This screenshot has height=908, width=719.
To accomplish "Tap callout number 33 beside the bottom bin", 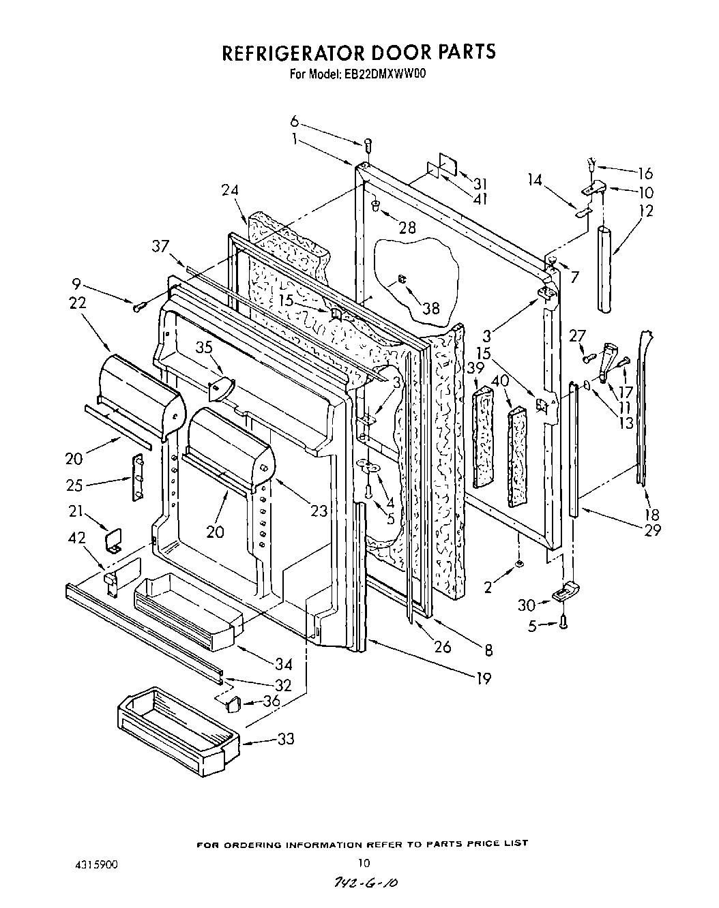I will (286, 738).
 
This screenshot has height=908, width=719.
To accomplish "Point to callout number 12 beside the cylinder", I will (645, 211).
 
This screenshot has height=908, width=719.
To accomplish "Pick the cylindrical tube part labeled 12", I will (604, 269).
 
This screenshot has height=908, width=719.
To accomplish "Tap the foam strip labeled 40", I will (518, 457).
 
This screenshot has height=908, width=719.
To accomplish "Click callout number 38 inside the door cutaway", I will (430, 308).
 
